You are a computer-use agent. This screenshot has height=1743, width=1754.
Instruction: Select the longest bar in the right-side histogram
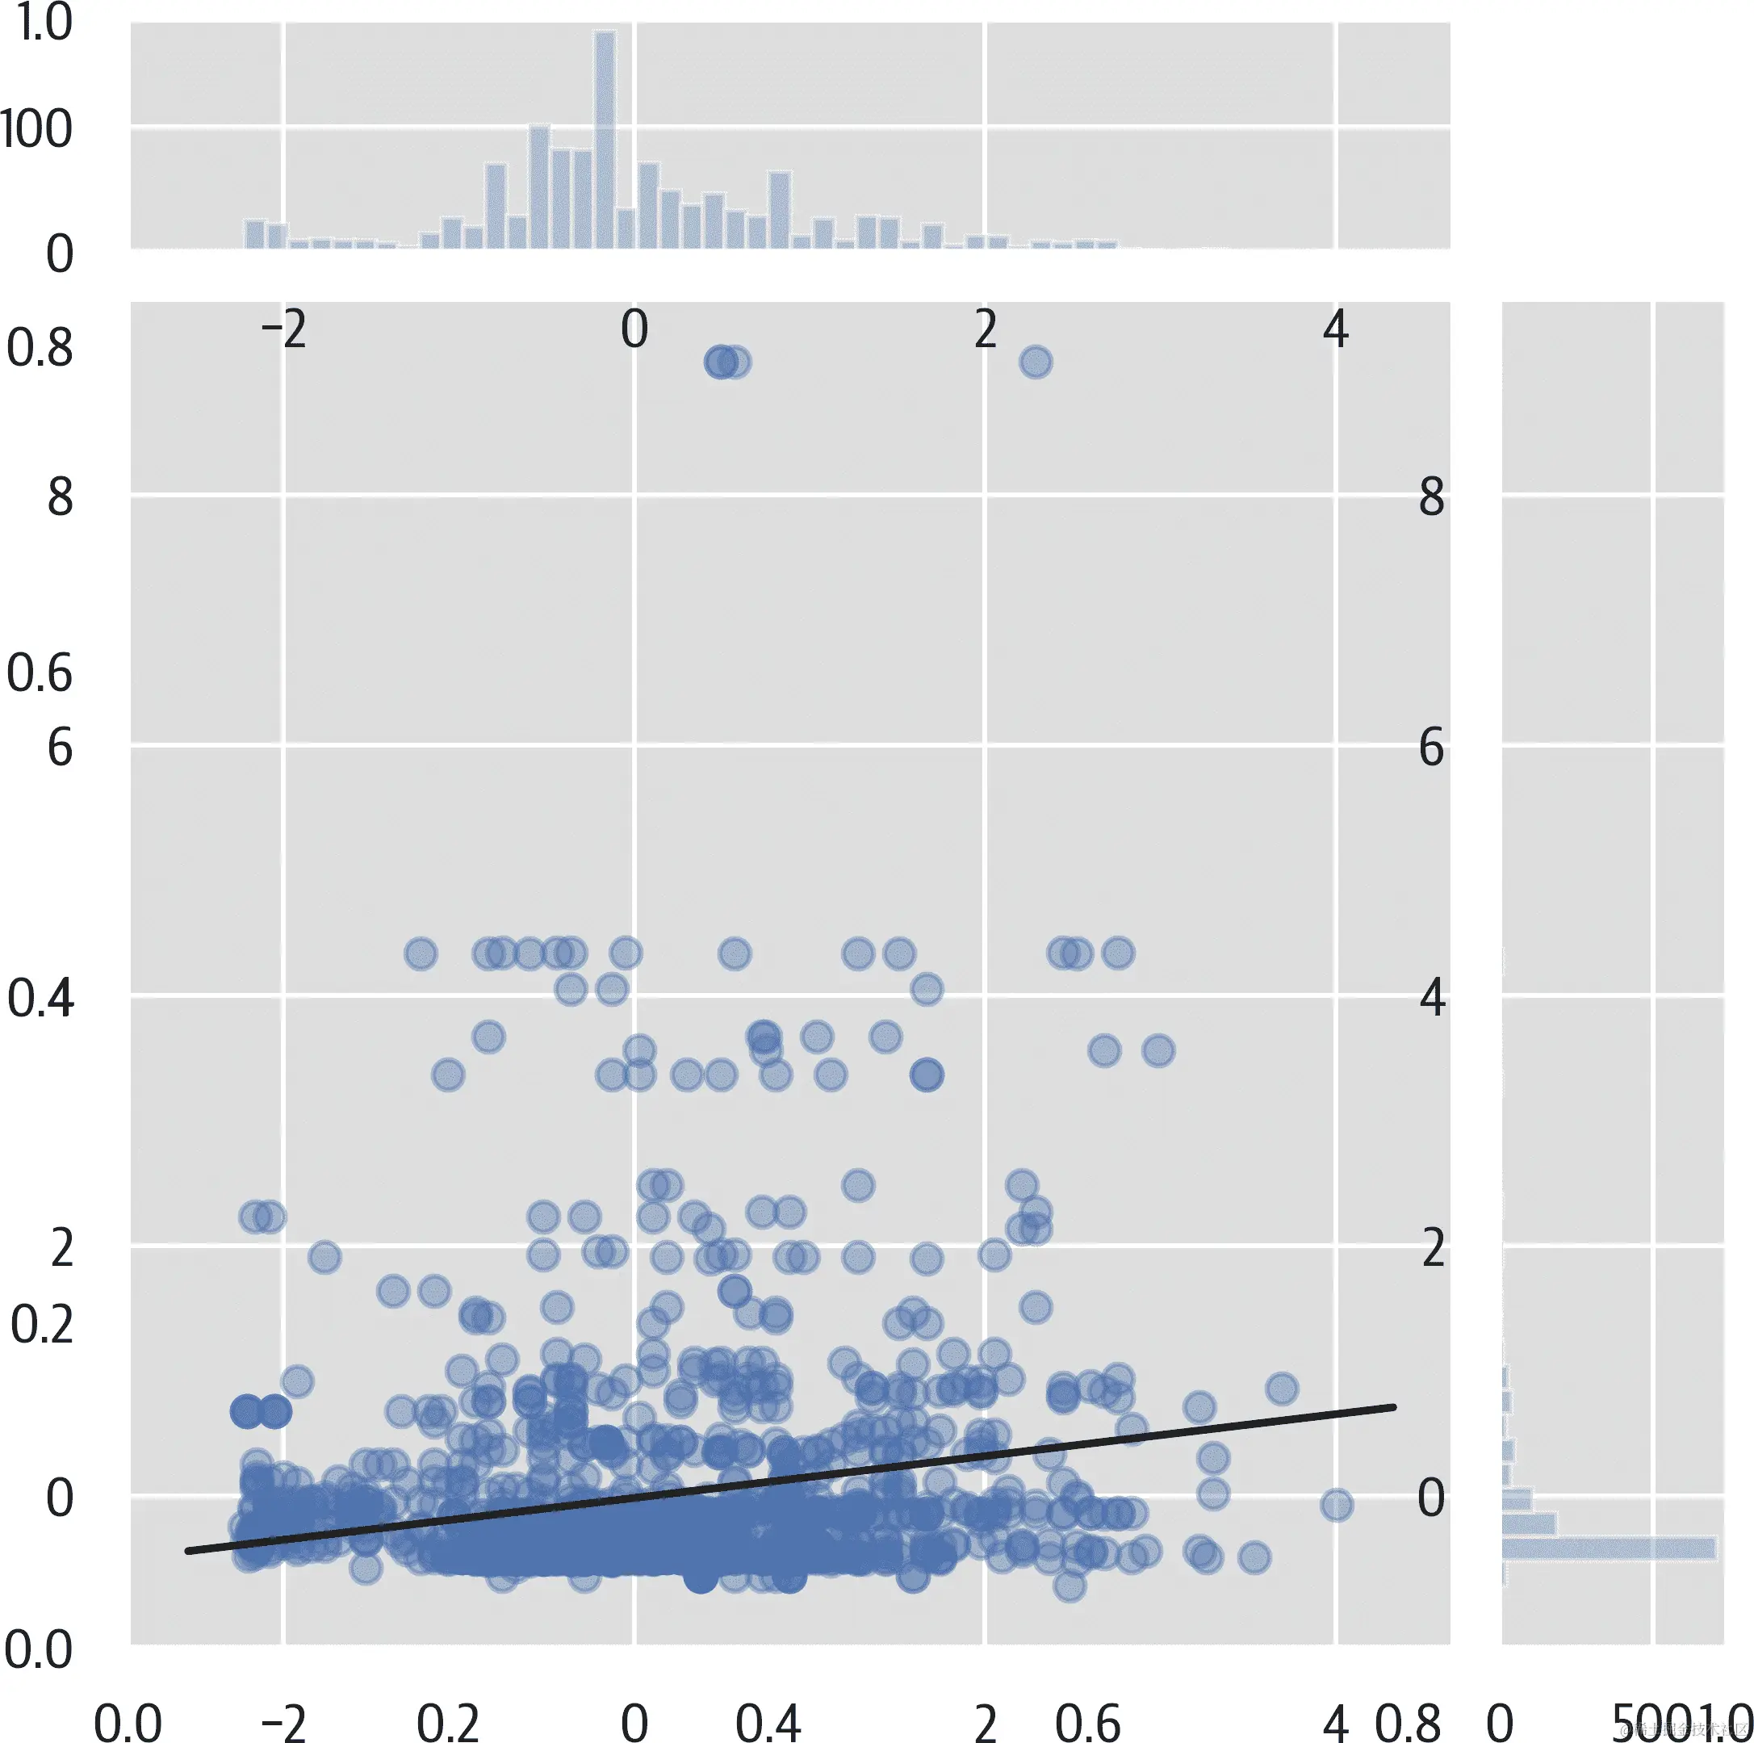click(x=1608, y=1548)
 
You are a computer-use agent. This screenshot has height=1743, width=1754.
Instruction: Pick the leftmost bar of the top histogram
click(x=254, y=234)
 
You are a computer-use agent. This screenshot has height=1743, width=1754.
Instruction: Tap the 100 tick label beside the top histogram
click(x=36, y=130)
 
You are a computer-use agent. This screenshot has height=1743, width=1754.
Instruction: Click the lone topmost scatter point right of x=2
click(x=1036, y=362)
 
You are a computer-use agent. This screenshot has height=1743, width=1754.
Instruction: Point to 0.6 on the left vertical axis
click(x=39, y=673)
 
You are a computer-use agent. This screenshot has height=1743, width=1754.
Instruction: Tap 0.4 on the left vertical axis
click(x=40, y=999)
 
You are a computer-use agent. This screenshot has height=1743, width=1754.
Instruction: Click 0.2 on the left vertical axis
click(x=41, y=1326)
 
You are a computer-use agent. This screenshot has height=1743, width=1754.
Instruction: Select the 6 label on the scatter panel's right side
click(x=1431, y=749)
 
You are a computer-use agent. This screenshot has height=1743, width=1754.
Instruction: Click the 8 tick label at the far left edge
click(x=60, y=497)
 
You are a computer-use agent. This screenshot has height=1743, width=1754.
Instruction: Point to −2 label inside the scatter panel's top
click(x=283, y=329)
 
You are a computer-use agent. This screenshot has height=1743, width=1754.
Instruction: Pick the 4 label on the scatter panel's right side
click(x=1432, y=999)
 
